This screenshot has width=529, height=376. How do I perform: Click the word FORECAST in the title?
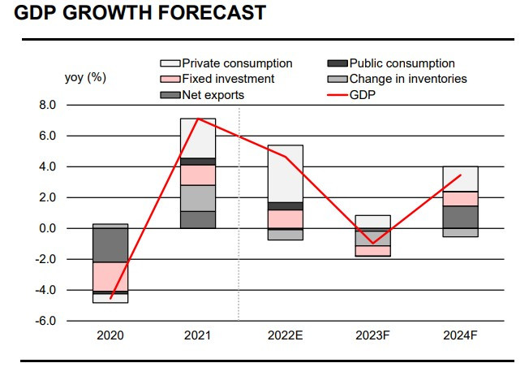211,13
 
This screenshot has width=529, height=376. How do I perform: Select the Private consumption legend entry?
226,63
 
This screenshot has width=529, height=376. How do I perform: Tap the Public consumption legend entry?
391,63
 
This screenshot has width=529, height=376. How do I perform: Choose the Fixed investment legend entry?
217,79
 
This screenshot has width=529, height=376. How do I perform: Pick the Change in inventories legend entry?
397,79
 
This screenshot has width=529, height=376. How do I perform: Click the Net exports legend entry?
202,95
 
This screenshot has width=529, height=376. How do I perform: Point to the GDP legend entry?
351,95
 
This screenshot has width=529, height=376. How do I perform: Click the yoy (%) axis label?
85,78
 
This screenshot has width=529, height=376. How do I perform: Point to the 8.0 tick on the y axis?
47,105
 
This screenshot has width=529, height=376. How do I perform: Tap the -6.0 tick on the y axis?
45,321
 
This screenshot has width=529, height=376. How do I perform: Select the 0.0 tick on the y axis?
47,228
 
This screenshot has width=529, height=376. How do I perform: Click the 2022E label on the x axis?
286,335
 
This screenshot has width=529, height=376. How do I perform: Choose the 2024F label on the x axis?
461,335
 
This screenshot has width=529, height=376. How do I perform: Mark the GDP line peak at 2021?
198,119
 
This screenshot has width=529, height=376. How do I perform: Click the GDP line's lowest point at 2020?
110,298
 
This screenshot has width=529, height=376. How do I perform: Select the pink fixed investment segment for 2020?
110,276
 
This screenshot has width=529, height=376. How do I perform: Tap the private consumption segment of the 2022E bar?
286,174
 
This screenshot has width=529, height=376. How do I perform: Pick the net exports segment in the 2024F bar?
461,217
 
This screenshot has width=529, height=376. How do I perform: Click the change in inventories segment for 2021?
198,198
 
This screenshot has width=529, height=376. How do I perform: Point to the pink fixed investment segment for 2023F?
373,251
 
